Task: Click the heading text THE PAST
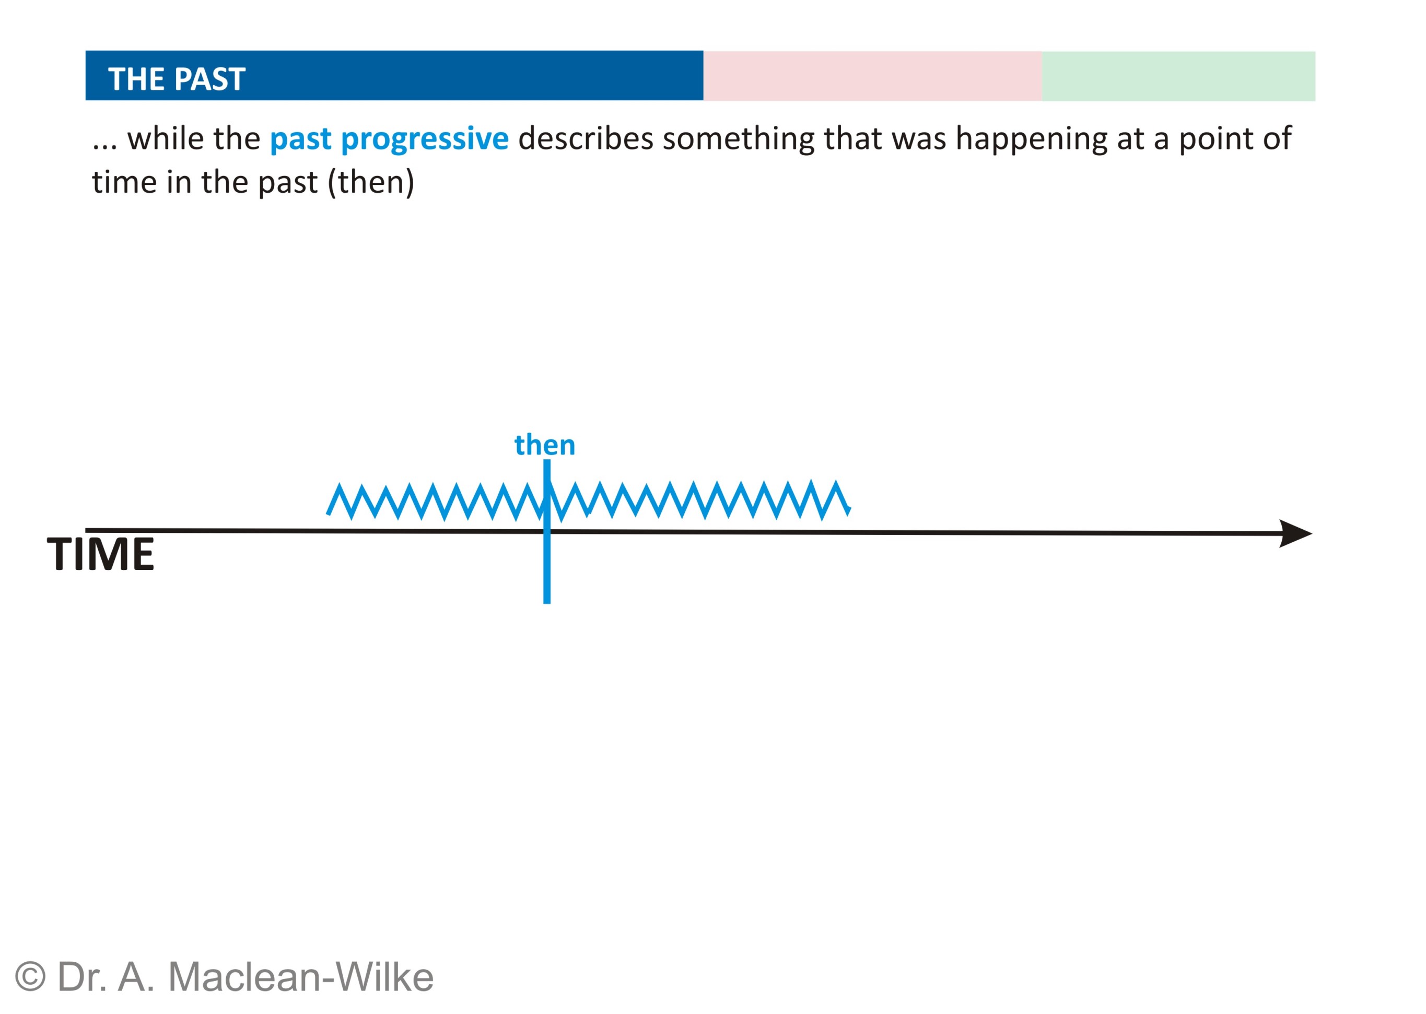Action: [177, 79]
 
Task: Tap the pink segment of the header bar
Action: [872, 76]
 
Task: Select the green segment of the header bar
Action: [1178, 76]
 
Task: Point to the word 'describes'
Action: [586, 138]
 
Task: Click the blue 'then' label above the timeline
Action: [544, 445]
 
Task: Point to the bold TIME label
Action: [100, 554]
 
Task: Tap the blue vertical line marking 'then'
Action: [547, 531]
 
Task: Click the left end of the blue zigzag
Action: [328, 514]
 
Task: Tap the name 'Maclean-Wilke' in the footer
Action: [300, 977]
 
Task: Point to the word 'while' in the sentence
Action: [163, 138]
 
